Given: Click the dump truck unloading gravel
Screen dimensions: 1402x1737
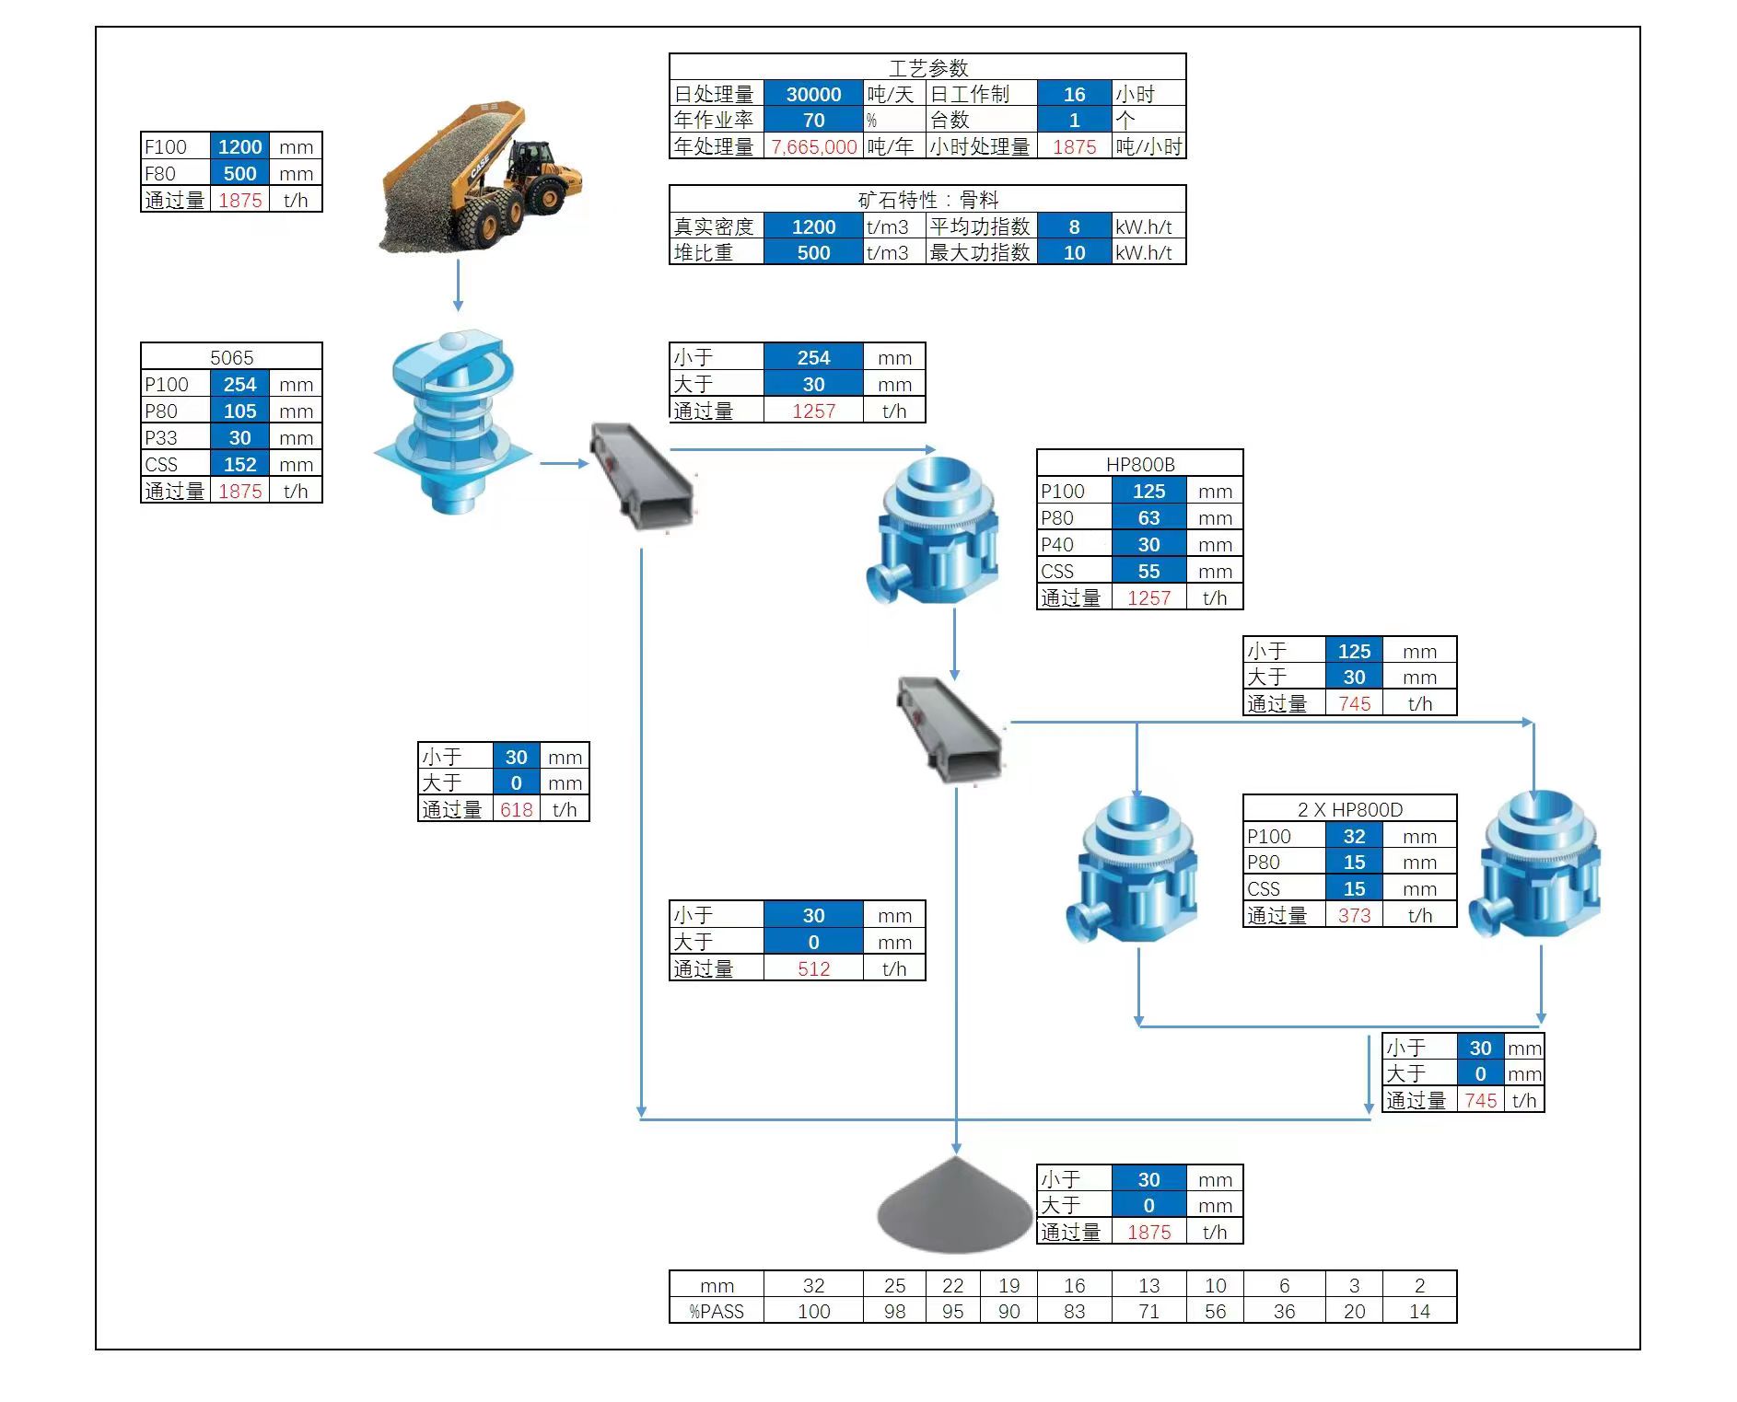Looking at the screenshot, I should point(481,180).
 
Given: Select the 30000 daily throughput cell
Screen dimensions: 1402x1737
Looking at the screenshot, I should point(813,94).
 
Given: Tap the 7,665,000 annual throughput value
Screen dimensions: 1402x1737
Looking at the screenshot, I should point(813,146).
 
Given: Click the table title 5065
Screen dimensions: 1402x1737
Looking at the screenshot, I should point(231,357).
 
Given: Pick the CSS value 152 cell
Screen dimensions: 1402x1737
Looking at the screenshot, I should point(239,464).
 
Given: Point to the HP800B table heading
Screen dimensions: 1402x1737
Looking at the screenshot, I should point(1139,464).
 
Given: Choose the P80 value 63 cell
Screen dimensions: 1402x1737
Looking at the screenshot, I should point(1148,517).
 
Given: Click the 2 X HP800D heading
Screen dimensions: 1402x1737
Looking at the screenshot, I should point(1349,809).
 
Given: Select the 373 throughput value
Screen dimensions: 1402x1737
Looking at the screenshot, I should point(1354,915).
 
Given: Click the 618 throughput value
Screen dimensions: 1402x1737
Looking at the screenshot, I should point(516,809).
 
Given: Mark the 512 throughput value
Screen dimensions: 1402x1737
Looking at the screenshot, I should point(813,968).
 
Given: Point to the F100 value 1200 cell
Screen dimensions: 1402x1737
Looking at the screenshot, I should point(239,146).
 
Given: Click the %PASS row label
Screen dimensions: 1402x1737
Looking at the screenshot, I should point(717,1311).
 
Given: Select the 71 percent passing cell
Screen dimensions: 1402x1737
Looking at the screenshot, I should point(1148,1311).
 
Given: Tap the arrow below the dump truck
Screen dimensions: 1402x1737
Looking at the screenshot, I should point(458,285).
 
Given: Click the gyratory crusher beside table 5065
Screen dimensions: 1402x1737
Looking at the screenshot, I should point(452,423).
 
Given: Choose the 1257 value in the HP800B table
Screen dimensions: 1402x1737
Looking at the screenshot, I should point(1148,597).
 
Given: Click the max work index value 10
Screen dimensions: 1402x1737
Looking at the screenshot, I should point(1074,252).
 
